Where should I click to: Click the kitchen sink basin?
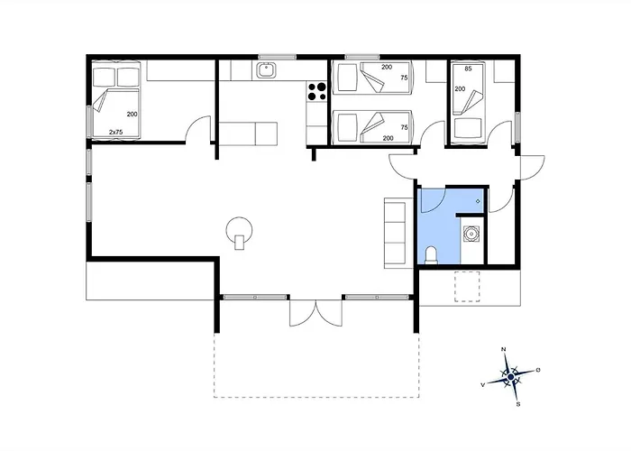point(266,71)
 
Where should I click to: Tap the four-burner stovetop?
point(316,91)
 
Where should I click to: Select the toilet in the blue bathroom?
point(431,255)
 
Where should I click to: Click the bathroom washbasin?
point(471,234)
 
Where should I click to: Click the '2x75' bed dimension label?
point(116,132)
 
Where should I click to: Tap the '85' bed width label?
point(468,69)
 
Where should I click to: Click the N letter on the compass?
point(503,349)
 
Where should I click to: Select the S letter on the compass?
point(518,404)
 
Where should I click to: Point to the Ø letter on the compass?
point(538,370)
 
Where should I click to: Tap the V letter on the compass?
point(483,385)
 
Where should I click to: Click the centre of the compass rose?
point(511,377)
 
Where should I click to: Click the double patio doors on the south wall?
point(315,312)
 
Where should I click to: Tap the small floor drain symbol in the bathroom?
point(478,201)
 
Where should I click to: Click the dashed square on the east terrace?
point(467,287)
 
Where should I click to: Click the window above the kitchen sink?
point(278,57)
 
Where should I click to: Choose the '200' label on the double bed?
point(132,115)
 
